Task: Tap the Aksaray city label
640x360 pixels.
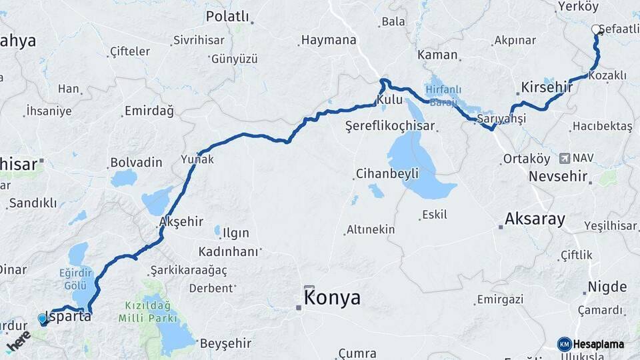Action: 535,219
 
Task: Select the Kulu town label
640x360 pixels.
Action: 389,99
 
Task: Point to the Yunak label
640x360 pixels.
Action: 197,159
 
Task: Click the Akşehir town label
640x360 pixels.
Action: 181,221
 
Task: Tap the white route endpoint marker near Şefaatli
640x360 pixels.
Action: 596,29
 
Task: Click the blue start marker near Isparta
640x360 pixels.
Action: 43,319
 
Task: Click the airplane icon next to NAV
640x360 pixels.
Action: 565,158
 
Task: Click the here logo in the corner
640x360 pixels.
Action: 18,341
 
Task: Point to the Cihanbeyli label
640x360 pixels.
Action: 387,174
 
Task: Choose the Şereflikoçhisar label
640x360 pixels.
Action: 390,125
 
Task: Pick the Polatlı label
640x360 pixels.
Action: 227,16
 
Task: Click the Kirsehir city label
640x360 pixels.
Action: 547,88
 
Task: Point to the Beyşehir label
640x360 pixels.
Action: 225,343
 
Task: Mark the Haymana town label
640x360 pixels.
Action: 329,40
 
